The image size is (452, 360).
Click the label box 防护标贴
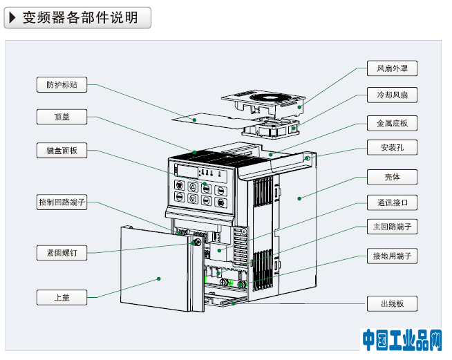click(x=62, y=85)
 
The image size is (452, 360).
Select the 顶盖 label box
click(x=62, y=117)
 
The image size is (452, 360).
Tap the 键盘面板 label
click(x=62, y=150)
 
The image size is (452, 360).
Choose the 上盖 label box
click(x=62, y=298)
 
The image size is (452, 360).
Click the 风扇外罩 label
click(x=392, y=68)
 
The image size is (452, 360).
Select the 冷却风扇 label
click(x=392, y=95)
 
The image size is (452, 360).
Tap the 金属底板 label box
click(x=392, y=124)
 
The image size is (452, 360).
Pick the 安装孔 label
click(x=392, y=148)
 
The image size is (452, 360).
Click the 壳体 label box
click(x=392, y=177)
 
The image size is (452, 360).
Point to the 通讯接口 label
click(x=392, y=203)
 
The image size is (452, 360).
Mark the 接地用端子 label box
click(x=392, y=256)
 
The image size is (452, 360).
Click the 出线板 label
click(x=392, y=303)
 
